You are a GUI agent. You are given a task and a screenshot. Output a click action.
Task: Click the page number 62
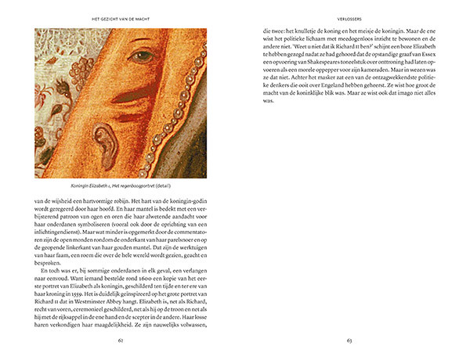(120, 340)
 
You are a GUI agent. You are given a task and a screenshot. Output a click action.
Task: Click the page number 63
(347, 340)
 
